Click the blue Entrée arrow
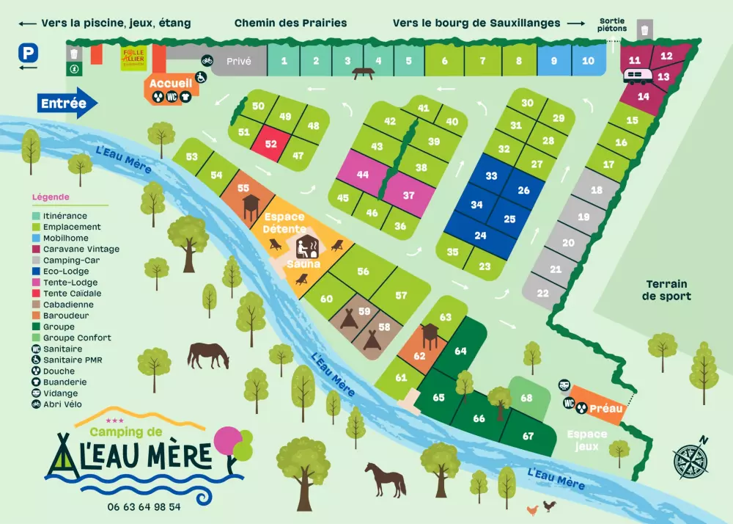(x=67, y=103)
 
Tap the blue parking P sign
(x=28, y=53)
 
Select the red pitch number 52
(x=270, y=144)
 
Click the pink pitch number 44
(x=362, y=175)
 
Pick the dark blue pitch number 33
(x=491, y=176)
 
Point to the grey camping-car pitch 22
(x=542, y=293)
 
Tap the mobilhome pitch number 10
(x=588, y=61)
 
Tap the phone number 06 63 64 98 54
(x=144, y=506)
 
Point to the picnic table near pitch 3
(x=364, y=73)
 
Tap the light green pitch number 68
(x=526, y=398)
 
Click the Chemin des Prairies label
(x=290, y=23)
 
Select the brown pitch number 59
(x=364, y=310)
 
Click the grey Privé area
(x=238, y=62)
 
